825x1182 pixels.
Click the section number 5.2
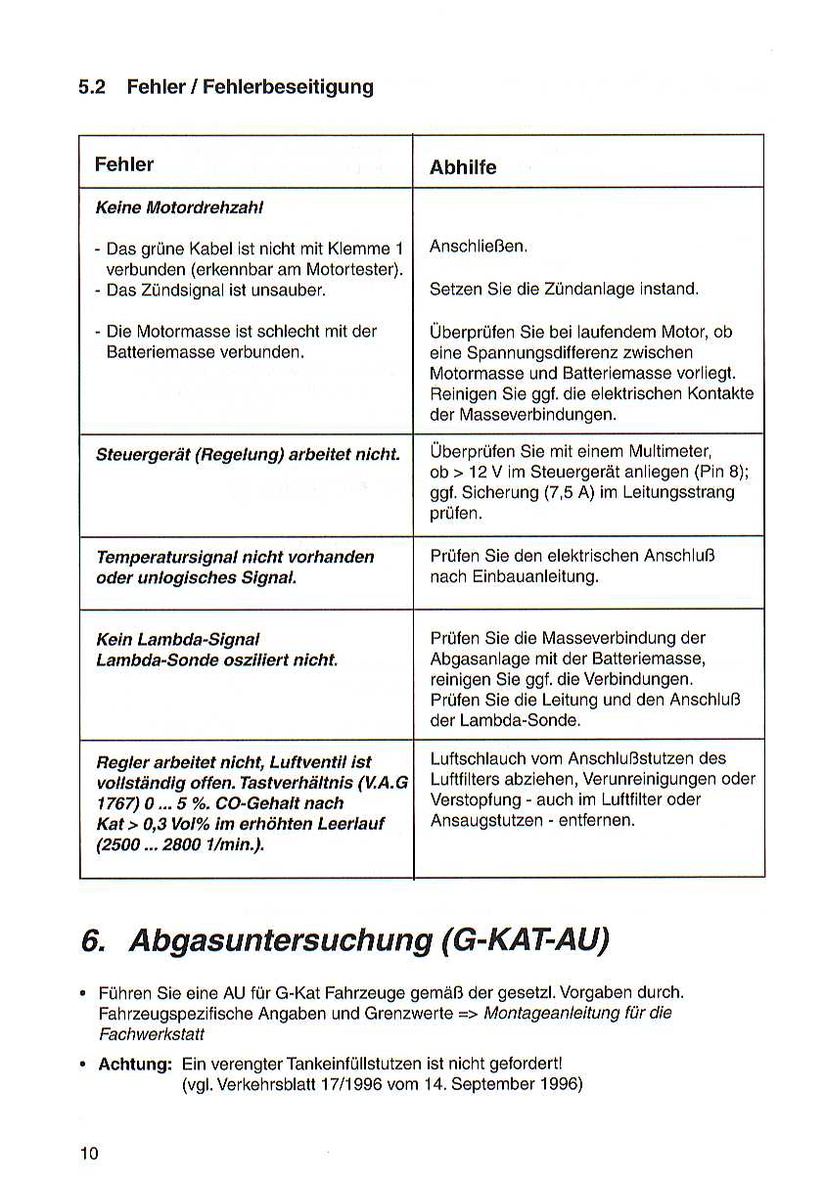[x=92, y=87]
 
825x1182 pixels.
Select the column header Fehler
[x=124, y=164]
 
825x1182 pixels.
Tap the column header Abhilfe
[x=463, y=167]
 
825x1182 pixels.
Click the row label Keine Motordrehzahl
[x=179, y=207]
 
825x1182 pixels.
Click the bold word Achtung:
[x=135, y=1065]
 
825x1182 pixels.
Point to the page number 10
[x=89, y=1154]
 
